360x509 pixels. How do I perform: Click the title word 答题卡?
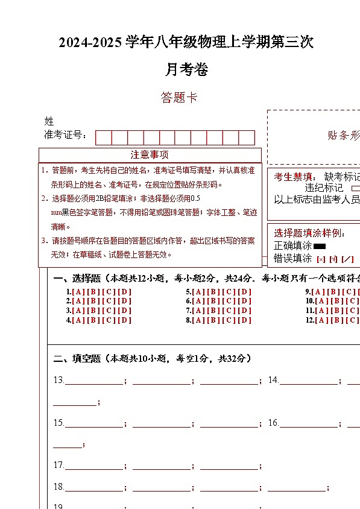point(179,97)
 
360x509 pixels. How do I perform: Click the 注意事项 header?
point(150,155)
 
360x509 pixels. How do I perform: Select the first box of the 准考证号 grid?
point(103,138)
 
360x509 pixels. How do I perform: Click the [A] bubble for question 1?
point(78,292)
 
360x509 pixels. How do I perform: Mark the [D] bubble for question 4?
point(124,320)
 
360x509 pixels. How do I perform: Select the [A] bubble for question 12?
point(321,320)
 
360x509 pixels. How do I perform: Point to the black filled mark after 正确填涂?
point(320,246)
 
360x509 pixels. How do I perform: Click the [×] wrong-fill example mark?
point(320,259)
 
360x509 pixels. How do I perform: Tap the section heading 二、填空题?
point(77,358)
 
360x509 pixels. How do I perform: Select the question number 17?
point(58,465)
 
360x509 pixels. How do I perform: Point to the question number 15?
point(58,423)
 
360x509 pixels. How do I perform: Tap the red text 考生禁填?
point(294,177)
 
